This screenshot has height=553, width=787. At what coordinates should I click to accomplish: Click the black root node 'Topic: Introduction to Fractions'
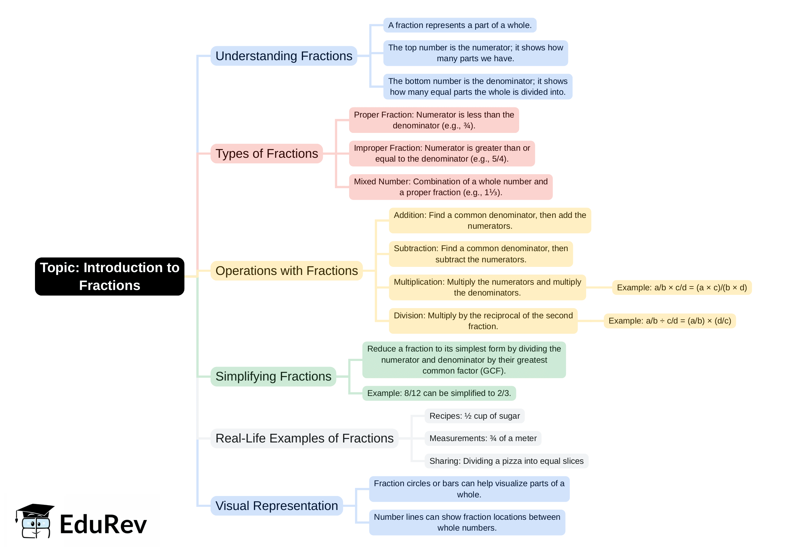109,276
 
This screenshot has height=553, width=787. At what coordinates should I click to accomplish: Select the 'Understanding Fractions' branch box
284,56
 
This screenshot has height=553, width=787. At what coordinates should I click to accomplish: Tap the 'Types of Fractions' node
267,154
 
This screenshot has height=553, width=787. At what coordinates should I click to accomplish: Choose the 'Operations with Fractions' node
286,271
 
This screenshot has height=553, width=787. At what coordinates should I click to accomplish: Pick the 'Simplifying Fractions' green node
273,376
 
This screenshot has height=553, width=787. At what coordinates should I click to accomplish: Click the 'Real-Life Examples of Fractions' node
304,438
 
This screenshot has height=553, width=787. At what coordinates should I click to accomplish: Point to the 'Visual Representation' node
277,506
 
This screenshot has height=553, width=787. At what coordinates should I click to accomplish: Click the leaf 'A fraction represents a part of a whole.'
460,25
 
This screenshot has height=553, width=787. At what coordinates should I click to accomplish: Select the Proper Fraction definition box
434,120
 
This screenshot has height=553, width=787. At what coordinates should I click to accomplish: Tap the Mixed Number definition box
451,187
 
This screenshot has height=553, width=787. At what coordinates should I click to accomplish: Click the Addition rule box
490,220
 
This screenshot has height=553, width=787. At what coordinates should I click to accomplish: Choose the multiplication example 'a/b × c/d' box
682,288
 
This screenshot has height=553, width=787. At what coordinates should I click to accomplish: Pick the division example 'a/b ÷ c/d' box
669,321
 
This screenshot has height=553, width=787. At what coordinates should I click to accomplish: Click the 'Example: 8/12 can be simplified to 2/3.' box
439,393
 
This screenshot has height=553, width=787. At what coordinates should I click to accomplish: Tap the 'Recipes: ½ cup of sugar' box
474,416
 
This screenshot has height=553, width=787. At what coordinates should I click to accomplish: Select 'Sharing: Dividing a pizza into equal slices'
506,461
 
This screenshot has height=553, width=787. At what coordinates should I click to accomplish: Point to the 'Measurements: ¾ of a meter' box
483,438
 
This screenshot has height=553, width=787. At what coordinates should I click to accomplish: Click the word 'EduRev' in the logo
103,524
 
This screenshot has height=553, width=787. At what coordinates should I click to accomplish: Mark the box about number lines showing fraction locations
467,522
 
